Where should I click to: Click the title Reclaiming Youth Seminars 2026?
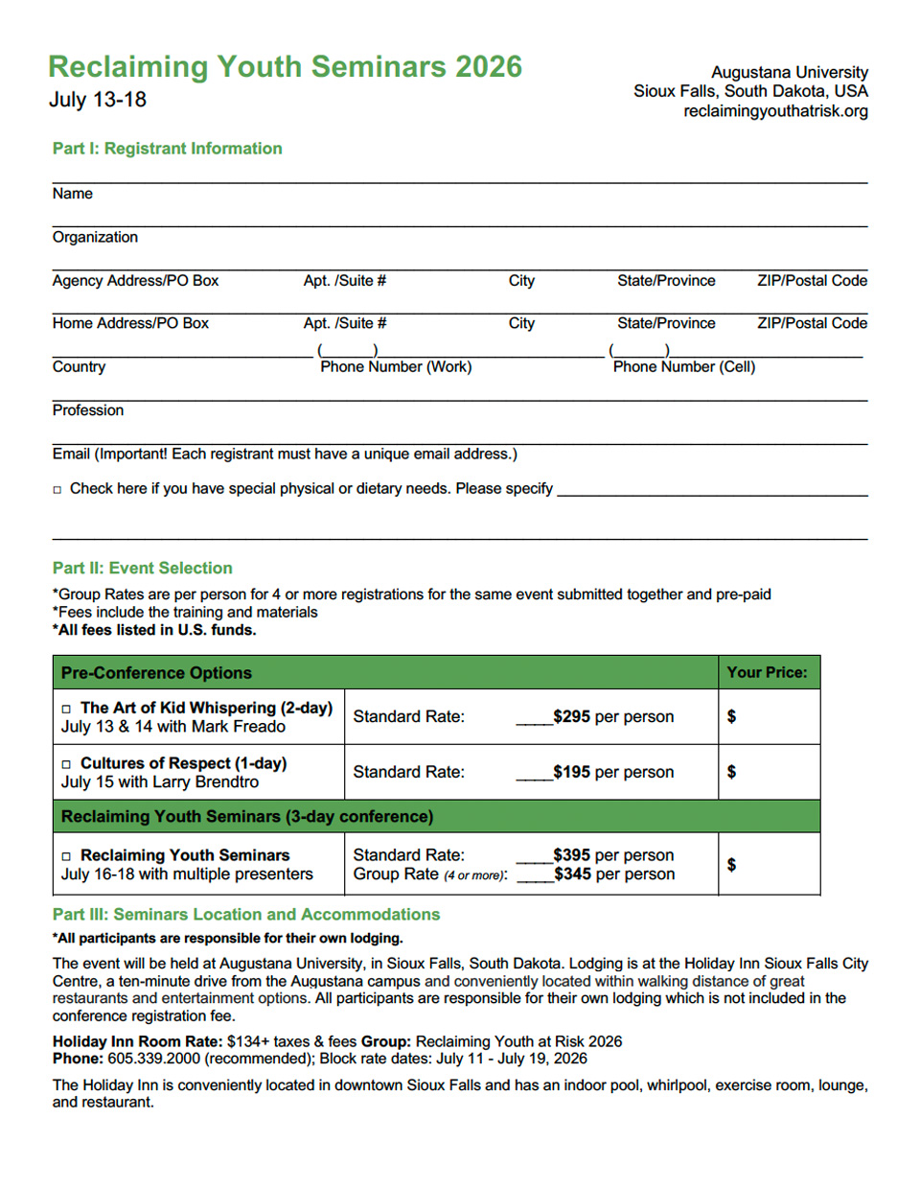(x=285, y=66)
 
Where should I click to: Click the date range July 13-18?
(x=98, y=100)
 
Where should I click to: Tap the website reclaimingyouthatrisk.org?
(x=775, y=111)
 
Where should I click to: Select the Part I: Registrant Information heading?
(x=167, y=149)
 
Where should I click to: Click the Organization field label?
(x=95, y=237)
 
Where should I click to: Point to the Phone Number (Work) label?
(x=396, y=366)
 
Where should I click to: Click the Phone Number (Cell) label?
(x=683, y=366)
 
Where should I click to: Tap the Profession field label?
(x=88, y=410)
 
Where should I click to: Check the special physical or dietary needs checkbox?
(x=57, y=490)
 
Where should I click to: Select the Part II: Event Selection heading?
(x=142, y=568)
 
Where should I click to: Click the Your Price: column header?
(x=767, y=672)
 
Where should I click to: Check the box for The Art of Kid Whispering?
(x=66, y=709)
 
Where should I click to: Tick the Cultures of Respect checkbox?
(x=66, y=764)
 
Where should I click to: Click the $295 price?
(x=571, y=716)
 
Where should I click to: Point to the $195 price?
(x=571, y=772)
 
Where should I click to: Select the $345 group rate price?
(x=572, y=874)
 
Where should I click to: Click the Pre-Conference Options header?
(x=156, y=673)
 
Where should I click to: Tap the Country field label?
(x=79, y=366)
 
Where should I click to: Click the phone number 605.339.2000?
(x=153, y=1059)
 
